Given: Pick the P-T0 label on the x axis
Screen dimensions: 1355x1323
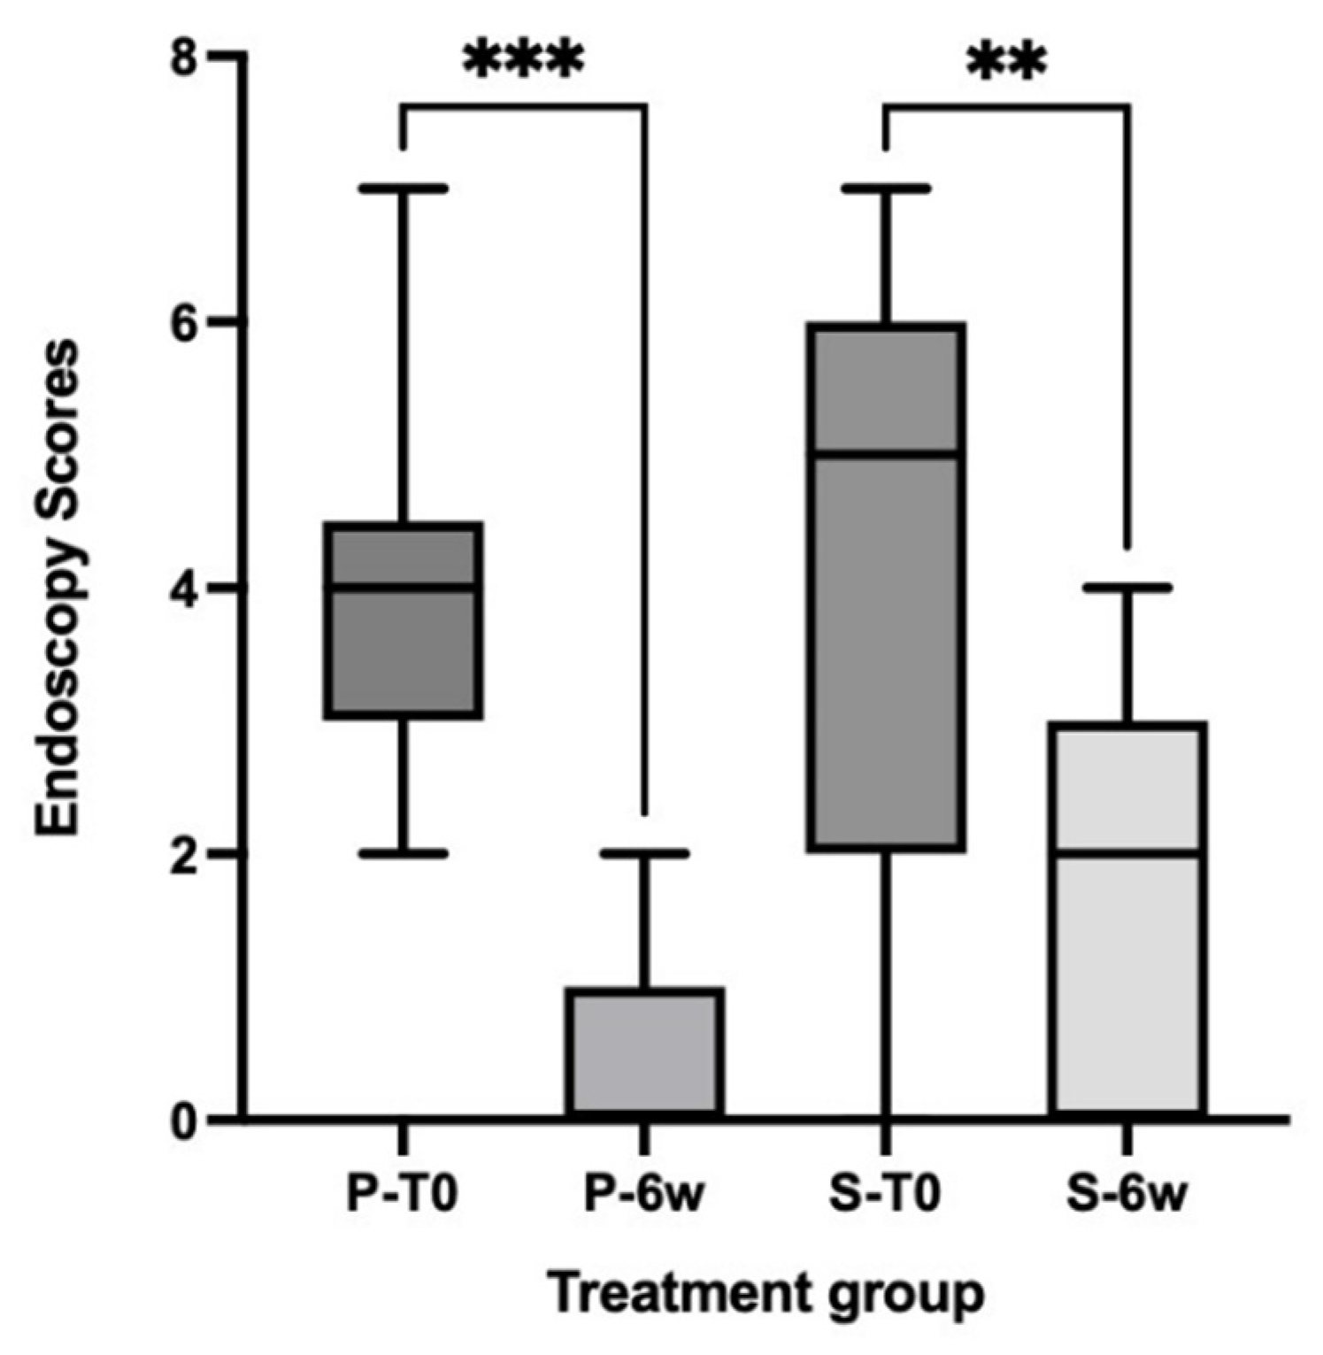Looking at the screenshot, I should point(402,1195).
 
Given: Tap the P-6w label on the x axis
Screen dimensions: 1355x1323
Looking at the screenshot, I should point(645,1195).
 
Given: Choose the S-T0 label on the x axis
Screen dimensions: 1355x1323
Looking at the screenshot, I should point(885,1195).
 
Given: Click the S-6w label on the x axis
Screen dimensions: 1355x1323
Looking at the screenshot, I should point(1126,1195).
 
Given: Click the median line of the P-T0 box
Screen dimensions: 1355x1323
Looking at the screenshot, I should point(404,586).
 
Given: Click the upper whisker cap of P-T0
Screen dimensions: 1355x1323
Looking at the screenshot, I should point(404,189).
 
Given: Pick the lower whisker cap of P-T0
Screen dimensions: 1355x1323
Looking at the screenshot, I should point(404,853).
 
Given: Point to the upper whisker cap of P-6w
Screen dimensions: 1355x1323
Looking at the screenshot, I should point(647,853).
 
